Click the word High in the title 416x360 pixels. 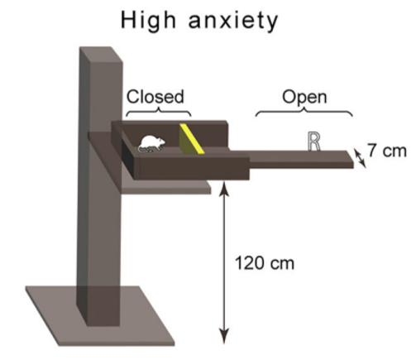[x=148, y=22]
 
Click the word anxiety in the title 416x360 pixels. [x=233, y=22]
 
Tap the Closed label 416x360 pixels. [x=155, y=97]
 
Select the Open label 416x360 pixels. [x=304, y=98]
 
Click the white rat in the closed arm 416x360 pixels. [x=151, y=144]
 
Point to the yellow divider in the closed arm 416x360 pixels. [x=191, y=139]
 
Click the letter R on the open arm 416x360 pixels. [x=313, y=142]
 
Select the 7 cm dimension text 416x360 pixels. [x=387, y=151]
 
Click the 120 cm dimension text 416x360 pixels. [x=265, y=263]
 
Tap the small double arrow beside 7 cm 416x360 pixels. [x=360, y=158]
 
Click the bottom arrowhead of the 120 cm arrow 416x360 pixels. [x=224, y=337]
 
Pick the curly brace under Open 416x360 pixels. [x=304, y=112]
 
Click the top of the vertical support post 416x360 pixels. [x=101, y=55]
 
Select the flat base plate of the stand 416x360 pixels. [x=101, y=316]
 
